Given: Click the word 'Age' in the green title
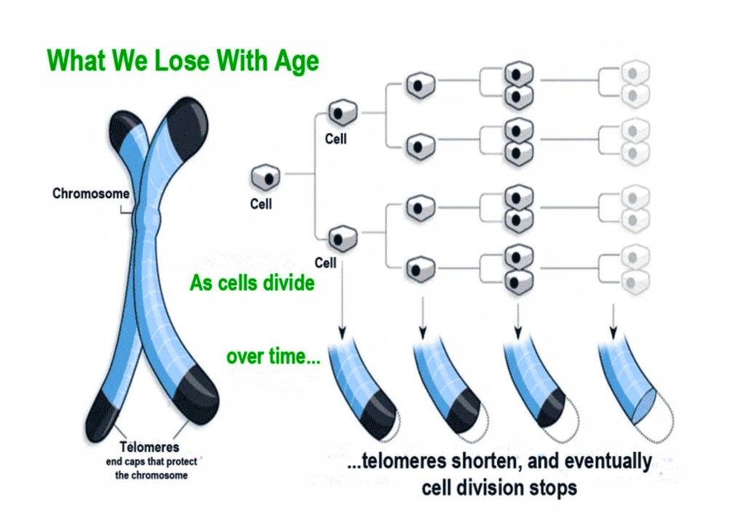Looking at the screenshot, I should click(x=294, y=61).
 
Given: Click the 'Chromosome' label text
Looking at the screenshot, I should click(x=91, y=194).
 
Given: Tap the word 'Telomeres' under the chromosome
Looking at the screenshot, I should click(x=149, y=447).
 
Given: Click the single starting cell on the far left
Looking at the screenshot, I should click(x=266, y=177).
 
